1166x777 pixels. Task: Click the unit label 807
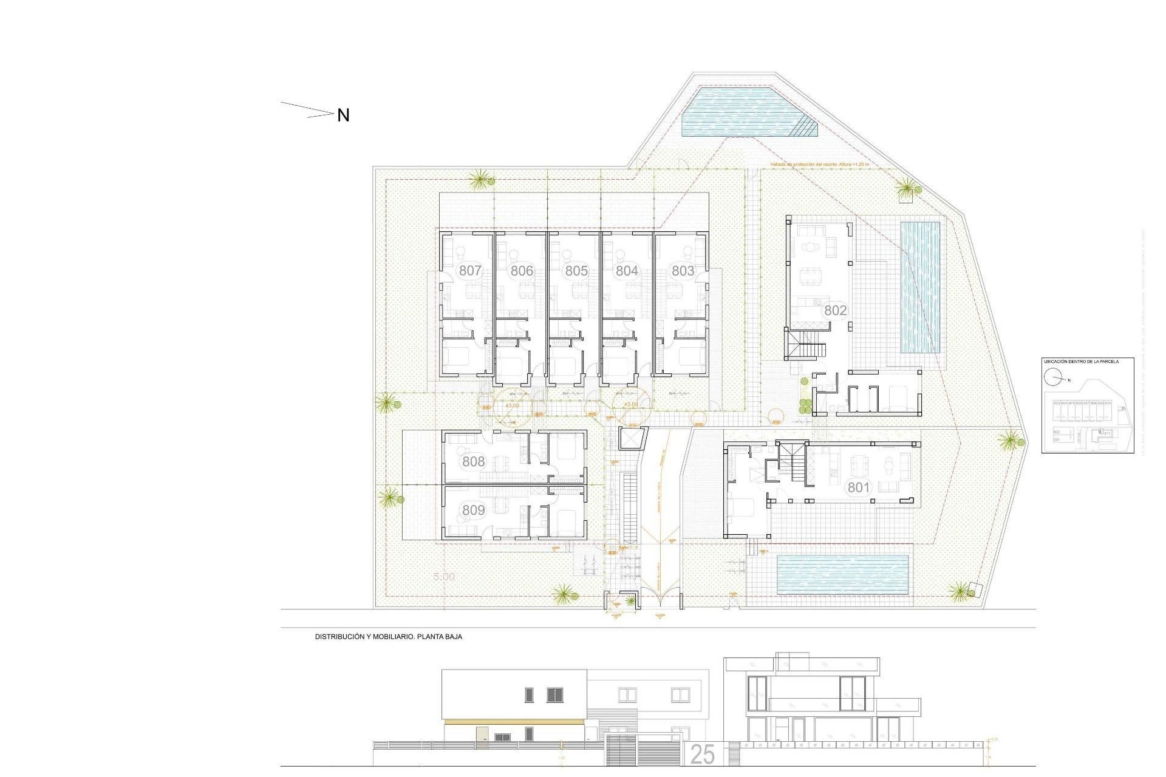point(470,271)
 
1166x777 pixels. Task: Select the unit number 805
point(576,271)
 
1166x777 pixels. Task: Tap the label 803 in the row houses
point(683,271)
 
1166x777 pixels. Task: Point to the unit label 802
point(835,310)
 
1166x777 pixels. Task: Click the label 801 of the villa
point(859,487)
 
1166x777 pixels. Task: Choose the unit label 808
point(473,461)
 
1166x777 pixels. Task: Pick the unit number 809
point(473,511)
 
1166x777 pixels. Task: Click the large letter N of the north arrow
point(343,115)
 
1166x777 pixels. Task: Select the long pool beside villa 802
point(920,288)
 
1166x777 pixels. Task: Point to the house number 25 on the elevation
point(703,755)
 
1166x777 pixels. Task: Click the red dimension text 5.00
point(444,577)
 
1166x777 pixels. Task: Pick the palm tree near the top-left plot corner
point(480,179)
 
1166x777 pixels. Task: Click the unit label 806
point(522,271)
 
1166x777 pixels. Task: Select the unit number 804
point(627,271)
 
